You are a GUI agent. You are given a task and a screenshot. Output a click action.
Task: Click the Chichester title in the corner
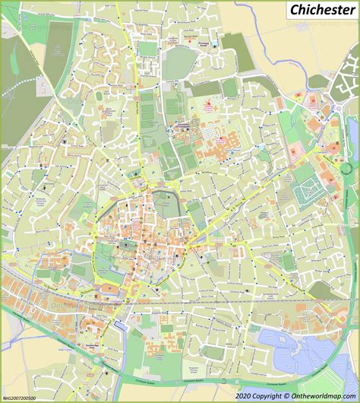321,11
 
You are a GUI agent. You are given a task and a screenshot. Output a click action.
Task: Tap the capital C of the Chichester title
293,11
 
